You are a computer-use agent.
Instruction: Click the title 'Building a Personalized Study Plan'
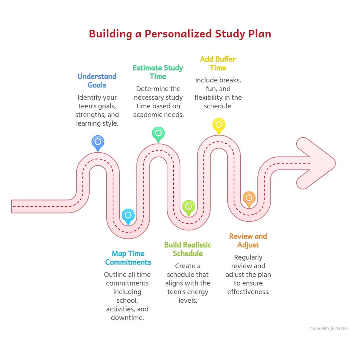click(180, 34)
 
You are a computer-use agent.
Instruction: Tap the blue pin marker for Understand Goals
click(98, 142)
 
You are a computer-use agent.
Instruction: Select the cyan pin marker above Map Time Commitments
click(128, 215)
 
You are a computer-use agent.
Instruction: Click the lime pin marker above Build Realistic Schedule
click(188, 207)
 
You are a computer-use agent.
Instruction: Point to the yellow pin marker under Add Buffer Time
click(219, 125)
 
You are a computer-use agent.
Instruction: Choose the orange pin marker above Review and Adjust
click(249, 198)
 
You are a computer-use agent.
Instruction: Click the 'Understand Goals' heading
click(97, 81)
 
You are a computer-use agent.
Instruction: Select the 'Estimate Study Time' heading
click(158, 72)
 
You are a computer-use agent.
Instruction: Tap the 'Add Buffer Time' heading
click(218, 63)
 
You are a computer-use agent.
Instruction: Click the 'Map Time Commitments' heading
click(128, 258)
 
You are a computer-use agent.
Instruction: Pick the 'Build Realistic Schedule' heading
click(188, 249)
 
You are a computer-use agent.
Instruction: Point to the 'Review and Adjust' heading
click(248, 240)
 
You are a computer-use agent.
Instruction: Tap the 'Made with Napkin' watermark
click(329, 328)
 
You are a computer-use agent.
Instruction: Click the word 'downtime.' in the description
click(127, 318)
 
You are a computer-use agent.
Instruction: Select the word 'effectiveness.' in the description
click(248, 292)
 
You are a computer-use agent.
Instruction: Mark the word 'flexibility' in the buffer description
click(210, 98)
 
